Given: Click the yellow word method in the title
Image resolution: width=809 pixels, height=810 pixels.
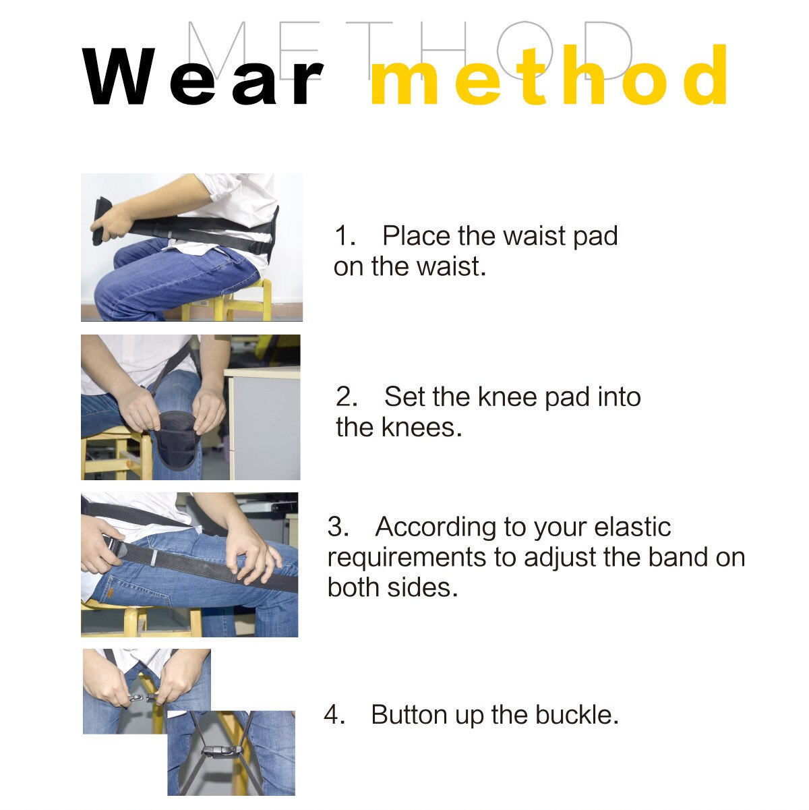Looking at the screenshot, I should click(x=549, y=77).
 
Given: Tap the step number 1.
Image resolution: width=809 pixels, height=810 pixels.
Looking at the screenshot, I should click(x=344, y=236).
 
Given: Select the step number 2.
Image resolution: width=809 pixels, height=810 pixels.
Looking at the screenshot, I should click(x=347, y=397).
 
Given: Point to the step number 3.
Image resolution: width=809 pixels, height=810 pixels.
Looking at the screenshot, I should click(x=337, y=527).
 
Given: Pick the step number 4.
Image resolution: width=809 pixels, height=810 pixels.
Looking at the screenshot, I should click(x=334, y=714).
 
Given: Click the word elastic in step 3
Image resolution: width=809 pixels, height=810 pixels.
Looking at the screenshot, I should click(x=632, y=527).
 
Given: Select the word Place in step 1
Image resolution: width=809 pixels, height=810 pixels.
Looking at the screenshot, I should click(x=416, y=236).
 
